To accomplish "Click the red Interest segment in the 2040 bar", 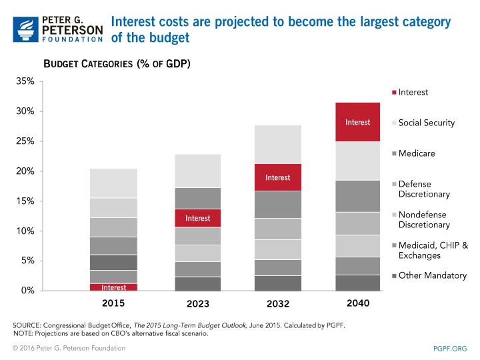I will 357,122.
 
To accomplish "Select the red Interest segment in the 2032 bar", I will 277,177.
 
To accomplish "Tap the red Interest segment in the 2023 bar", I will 198,218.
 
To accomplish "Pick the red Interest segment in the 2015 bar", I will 114,287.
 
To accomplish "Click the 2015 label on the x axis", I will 114,304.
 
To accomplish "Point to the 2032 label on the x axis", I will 278,304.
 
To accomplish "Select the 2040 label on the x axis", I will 358,304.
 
